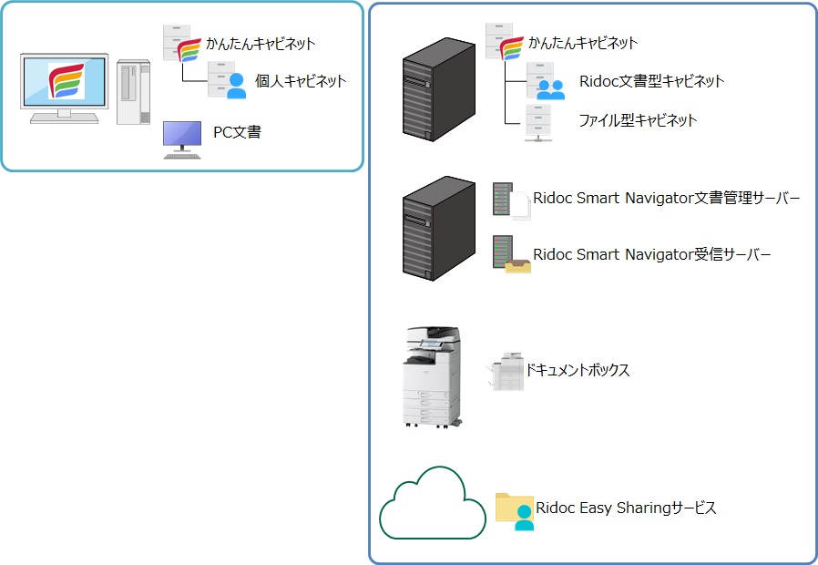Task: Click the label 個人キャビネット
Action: [x=301, y=81]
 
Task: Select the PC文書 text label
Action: [x=237, y=133]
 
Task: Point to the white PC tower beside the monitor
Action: [x=133, y=91]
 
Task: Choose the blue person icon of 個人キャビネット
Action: [x=236, y=86]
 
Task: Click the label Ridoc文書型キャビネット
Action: [x=651, y=81]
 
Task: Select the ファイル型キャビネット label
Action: [x=638, y=120]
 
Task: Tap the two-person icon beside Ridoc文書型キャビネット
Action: [x=550, y=87]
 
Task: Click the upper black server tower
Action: [x=438, y=89]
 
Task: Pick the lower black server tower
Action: [x=438, y=228]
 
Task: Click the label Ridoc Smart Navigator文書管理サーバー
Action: [x=667, y=198]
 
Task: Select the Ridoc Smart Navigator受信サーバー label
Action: [x=652, y=254]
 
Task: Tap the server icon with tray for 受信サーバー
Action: [x=510, y=254]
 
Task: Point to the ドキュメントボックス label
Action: [x=577, y=370]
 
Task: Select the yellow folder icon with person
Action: [x=515, y=510]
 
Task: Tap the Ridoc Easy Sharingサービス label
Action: [x=626, y=508]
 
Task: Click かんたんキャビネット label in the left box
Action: [x=261, y=43]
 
